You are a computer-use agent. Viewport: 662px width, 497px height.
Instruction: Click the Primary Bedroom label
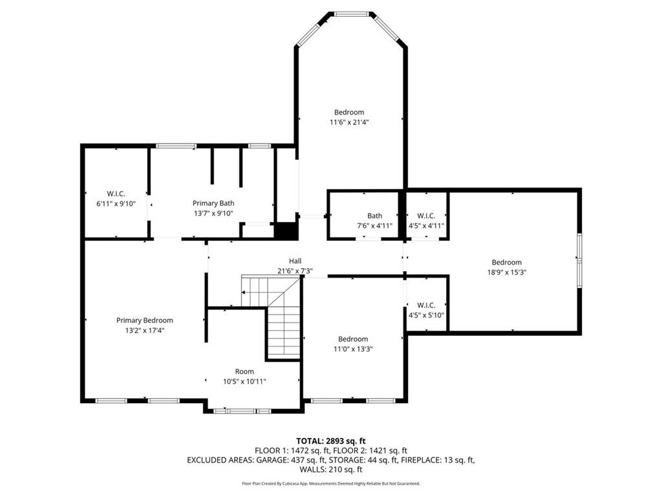(x=144, y=320)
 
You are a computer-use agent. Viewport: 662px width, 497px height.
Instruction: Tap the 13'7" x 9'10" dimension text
(x=213, y=214)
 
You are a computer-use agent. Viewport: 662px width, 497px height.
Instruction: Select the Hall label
(x=295, y=261)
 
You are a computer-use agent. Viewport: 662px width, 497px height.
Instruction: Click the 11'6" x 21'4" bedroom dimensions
(x=348, y=122)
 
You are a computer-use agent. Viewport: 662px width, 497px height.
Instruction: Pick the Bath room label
(x=374, y=215)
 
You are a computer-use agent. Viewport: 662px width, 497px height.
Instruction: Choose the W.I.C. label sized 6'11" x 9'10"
(x=116, y=193)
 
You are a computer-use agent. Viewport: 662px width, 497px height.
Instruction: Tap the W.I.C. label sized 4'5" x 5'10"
(x=426, y=305)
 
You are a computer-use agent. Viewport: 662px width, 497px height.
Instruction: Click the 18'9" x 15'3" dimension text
(x=507, y=272)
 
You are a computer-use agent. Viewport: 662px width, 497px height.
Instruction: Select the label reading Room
(x=244, y=371)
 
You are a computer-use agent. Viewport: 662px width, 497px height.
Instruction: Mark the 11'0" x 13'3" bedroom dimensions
(x=353, y=349)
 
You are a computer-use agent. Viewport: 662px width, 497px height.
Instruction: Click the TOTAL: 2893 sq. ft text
(x=330, y=441)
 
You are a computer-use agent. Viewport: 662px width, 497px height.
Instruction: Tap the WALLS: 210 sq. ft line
(x=331, y=470)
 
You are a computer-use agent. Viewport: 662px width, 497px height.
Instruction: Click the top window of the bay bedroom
(x=352, y=14)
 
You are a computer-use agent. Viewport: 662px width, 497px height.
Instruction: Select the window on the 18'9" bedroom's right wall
(x=580, y=260)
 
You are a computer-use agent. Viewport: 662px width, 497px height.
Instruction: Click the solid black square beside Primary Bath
(x=286, y=231)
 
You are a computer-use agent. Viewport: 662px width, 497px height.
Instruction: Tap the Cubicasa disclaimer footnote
(x=331, y=483)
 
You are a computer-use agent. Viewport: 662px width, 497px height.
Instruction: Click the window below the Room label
(x=242, y=411)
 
